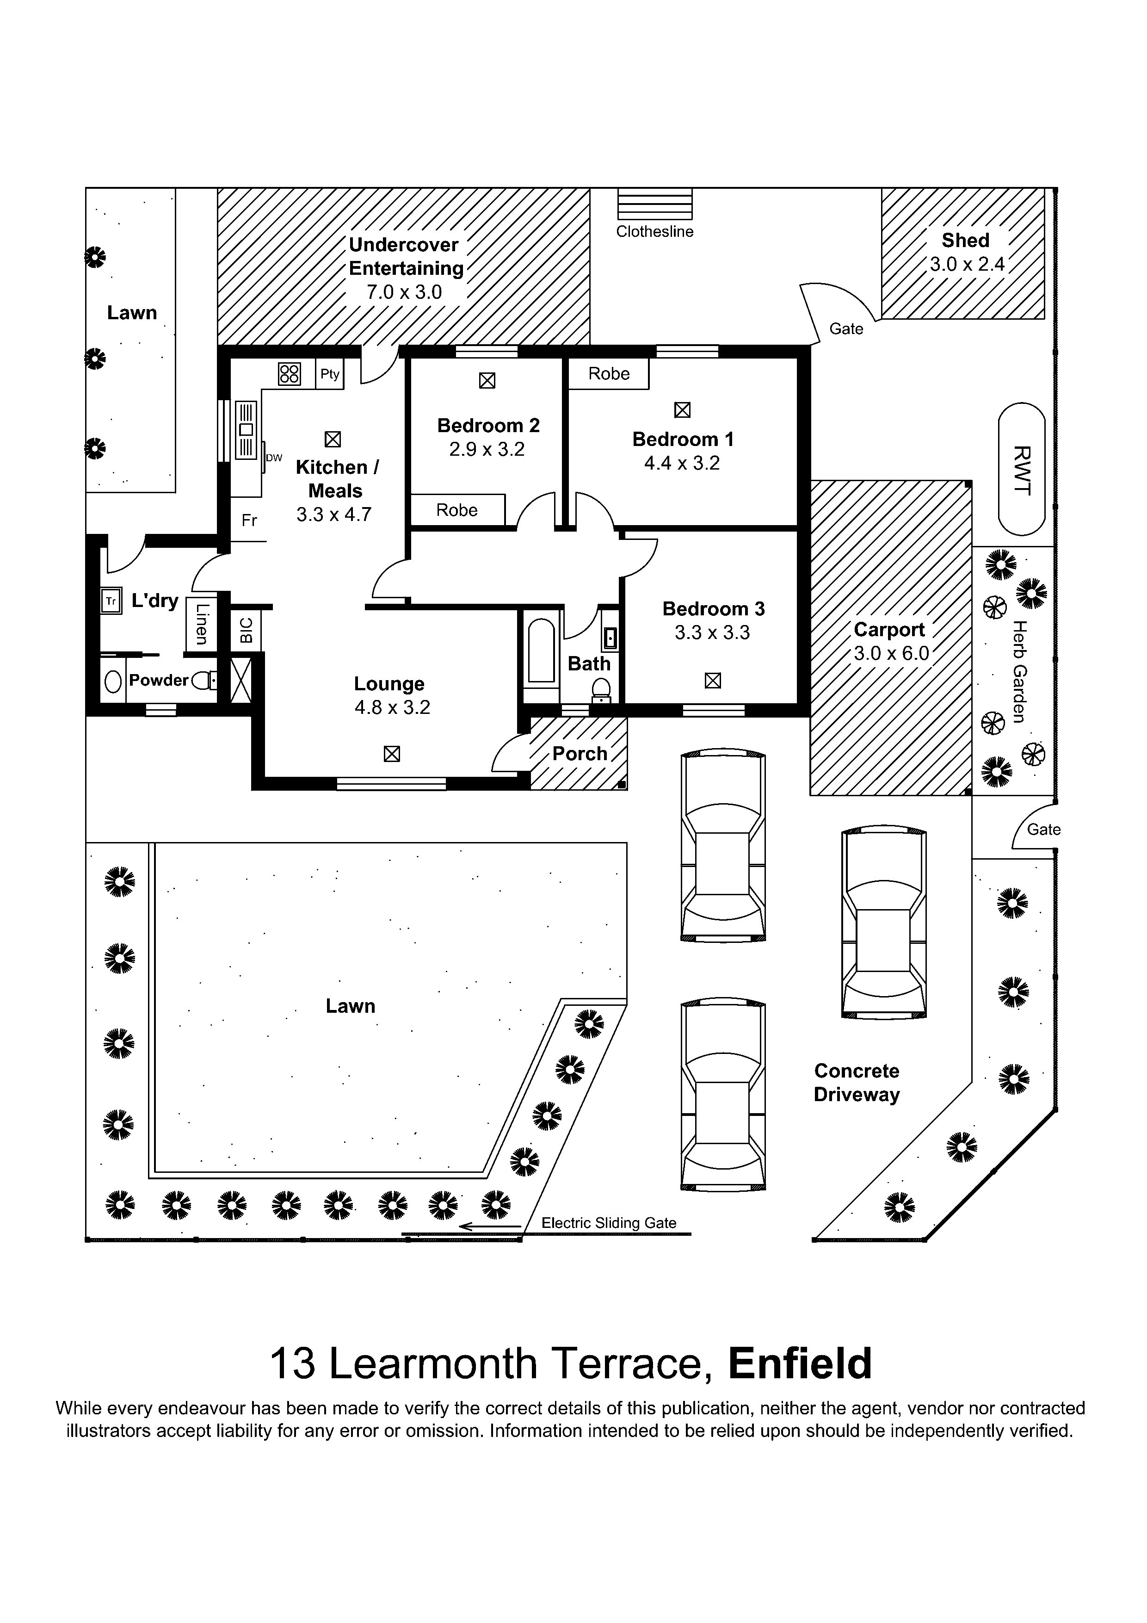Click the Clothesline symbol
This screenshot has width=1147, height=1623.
tap(654, 205)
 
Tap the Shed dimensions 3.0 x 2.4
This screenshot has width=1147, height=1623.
tap(966, 264)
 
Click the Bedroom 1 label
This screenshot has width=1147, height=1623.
tap(682, 439)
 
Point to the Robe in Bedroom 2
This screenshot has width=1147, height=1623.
tap(457, 510)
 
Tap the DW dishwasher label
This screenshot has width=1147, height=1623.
tap(274, 458)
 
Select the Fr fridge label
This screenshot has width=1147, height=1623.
tap(249, 520)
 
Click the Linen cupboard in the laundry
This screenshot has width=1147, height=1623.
tap(201, 624)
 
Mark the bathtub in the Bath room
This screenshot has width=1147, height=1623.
tap(541, 651)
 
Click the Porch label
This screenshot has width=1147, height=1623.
tap(580, 754)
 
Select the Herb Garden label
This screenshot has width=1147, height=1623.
tap(1018, 671)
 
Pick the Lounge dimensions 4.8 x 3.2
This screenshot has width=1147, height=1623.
tap(392, 707)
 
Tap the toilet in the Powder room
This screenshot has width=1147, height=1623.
tap(203, 681)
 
